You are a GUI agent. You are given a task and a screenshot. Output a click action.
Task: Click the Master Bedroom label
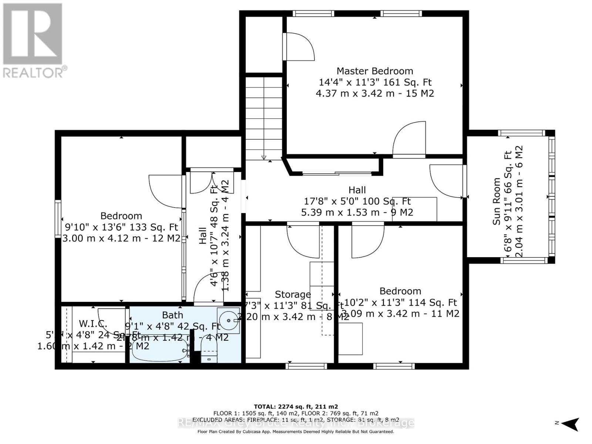pos(374,71)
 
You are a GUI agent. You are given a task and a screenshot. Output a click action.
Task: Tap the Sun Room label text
pos(496,201)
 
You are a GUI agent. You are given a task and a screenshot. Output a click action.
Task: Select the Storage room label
pos(293,295)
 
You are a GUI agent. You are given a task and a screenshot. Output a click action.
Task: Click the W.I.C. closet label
pos(93,323)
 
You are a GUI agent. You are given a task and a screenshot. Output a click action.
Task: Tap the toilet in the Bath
pos(209,351)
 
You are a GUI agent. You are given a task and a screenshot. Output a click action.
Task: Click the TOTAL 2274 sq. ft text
pos(296,406)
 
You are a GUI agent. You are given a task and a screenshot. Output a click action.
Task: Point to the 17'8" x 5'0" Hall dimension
pos(357,201)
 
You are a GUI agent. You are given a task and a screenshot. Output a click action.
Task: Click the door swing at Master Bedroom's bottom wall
pos(409,139)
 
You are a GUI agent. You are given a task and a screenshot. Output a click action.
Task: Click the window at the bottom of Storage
pos(306,366)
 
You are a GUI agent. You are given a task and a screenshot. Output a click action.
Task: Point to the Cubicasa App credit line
pos(296,431)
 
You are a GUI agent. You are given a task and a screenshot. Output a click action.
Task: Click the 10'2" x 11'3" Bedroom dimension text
pos(400,302)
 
